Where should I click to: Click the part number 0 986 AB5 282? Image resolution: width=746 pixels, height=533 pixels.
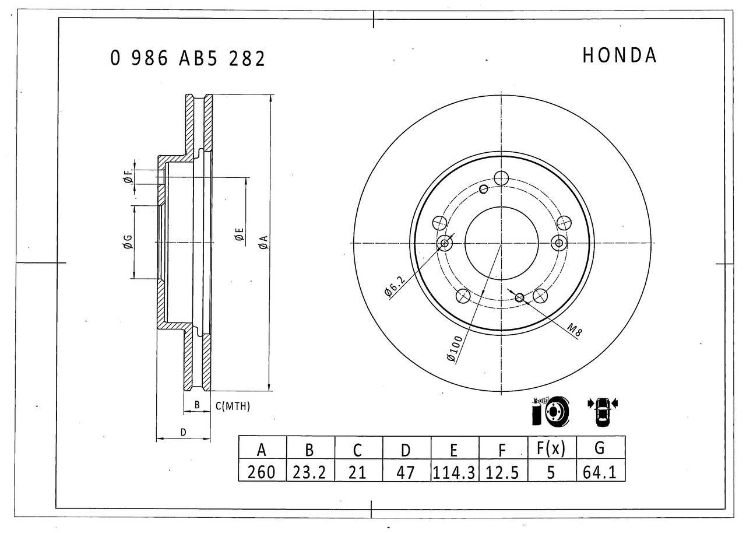coord(188,59)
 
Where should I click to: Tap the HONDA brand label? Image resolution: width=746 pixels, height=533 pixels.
coord(619,55)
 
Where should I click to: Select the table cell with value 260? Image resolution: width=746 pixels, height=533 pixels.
coord(262,472)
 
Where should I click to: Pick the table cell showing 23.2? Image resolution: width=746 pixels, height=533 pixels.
coord(309,472)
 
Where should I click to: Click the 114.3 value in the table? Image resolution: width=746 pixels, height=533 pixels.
coord(454,472)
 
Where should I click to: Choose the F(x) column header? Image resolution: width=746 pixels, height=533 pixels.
coord(551,448)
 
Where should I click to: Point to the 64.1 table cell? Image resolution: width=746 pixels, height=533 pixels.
coord(600,472)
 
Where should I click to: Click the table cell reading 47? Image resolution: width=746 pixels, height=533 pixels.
coord(406,472)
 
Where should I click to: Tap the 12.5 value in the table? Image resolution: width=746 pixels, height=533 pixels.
coord(502,472)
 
